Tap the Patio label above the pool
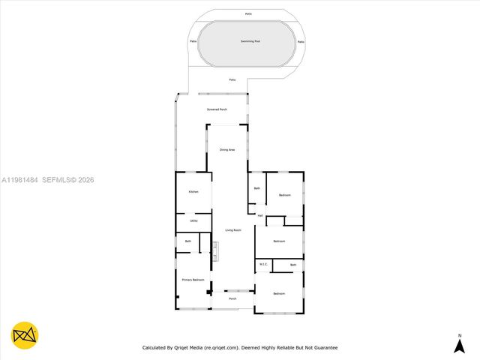(248, 13)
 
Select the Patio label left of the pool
(193, 41)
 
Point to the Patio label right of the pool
(301, 41)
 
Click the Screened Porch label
(217, 109)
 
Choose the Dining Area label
(227, 150)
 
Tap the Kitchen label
(193, 192)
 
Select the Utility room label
(193, 220)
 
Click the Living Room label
(233, 230)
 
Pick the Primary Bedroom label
(193, 280)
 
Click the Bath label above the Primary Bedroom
(188, 241)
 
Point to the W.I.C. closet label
(263, 264)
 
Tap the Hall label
(260, 215)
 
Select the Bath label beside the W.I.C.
(293, 265)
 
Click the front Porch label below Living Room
(232, 298)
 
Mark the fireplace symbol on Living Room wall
(214, 250)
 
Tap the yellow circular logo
(25, 335)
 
